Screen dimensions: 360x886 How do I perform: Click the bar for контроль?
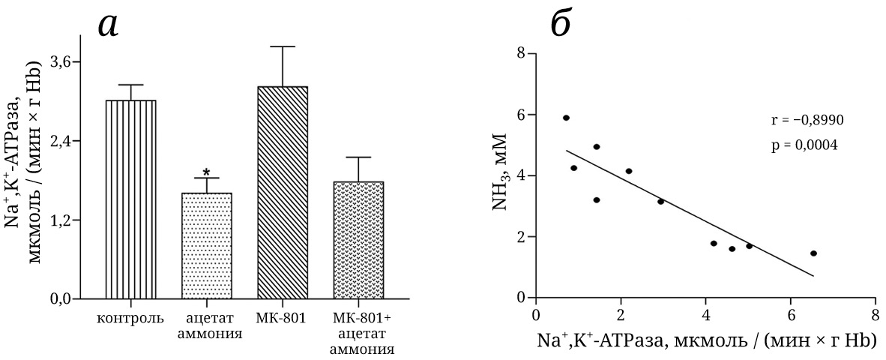click(130, 199)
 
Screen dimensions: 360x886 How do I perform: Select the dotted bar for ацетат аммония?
click(206, 245)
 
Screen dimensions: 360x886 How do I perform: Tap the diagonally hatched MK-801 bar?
click(283, 192)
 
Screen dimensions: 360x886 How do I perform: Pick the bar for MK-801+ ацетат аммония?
click(358, 240)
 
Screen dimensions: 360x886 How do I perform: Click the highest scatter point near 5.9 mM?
click(566, 118)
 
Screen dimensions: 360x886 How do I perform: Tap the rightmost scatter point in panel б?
click(813, 253)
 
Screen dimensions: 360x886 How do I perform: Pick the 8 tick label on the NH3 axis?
click(520, 54)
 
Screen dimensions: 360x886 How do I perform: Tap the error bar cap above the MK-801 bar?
click(283, 46)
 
